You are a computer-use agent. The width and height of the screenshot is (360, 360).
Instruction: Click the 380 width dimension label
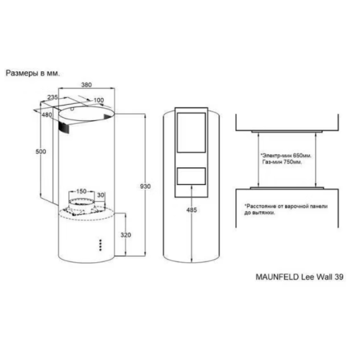(86, 85)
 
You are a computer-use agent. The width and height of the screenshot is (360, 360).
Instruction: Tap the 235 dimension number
(53, 97)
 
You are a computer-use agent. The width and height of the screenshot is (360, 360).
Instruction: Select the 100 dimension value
(99, 100)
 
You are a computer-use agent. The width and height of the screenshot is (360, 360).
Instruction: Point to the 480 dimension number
(47, 114)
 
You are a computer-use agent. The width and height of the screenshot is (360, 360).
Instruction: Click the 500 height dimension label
(40, 151)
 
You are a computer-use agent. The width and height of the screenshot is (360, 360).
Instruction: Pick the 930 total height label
(145, 186)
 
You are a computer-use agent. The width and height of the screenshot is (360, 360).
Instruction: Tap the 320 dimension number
(126, 235)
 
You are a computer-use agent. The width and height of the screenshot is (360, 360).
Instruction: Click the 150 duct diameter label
(81, 192)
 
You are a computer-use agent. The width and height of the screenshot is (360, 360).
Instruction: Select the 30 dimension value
(101, 195)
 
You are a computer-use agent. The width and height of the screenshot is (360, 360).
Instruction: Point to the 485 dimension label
(192, 210)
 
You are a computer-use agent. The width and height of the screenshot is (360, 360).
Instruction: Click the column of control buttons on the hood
(101, 245)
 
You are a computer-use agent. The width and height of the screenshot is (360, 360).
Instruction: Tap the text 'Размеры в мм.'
(32, 73)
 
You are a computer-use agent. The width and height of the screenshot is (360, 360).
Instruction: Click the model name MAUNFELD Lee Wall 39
(300, 277)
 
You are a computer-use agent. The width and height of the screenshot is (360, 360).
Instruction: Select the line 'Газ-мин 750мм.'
(282, 162)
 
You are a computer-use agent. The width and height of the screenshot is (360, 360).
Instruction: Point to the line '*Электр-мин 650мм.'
(286, 156)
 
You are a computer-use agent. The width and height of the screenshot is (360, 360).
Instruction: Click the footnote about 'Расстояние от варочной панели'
(286, 210)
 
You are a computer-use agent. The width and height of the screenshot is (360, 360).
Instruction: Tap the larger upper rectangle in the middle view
(192, 132)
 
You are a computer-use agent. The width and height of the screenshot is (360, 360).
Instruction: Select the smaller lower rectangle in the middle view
(192, 176)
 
